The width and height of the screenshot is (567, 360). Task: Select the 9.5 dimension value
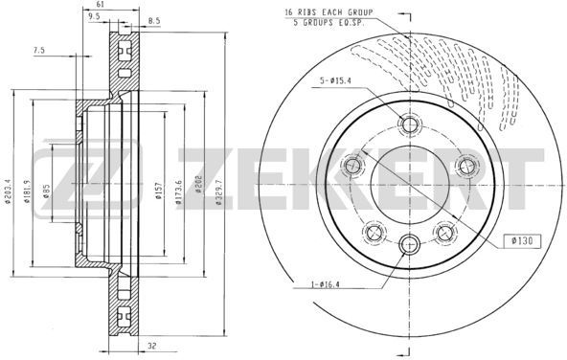pos(94,15)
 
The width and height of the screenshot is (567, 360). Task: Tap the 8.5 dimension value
pos(153,21)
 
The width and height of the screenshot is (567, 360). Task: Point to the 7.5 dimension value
pos(39,51)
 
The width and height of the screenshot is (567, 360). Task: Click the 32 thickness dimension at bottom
pos(152,346)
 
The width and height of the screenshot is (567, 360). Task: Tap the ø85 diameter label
pos(46,191)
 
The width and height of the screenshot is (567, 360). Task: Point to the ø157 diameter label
pos(158,191)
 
